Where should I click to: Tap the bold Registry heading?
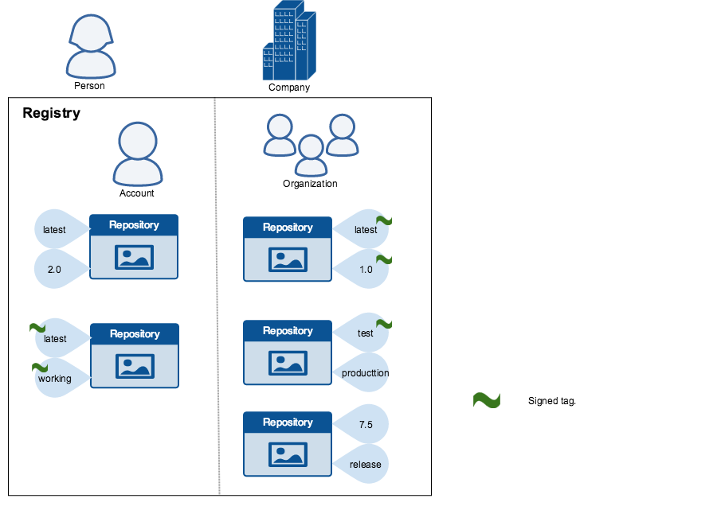tap(51, 113)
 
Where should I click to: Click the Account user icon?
tap(138, 154)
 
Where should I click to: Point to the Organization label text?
tap(310, 184)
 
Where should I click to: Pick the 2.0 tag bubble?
tap(57, 270)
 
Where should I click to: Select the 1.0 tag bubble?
tap(364, 270)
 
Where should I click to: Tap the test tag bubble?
tap(364, 333)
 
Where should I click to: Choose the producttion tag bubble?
tap(364, 373)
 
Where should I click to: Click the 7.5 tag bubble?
tap(364, 425)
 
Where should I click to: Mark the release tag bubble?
tap(364, 465)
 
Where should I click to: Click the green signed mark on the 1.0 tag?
tap(384, 259)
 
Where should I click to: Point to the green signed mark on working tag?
tap(40, 367)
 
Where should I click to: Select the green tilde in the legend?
tap(486, 401)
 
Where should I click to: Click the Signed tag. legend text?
tap(551, 401)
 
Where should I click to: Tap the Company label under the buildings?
tap(289, 88)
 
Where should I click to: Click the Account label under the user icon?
tap(137, 193)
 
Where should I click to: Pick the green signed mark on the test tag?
tap(384, 324)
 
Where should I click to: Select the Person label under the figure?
tap(89, 86)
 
